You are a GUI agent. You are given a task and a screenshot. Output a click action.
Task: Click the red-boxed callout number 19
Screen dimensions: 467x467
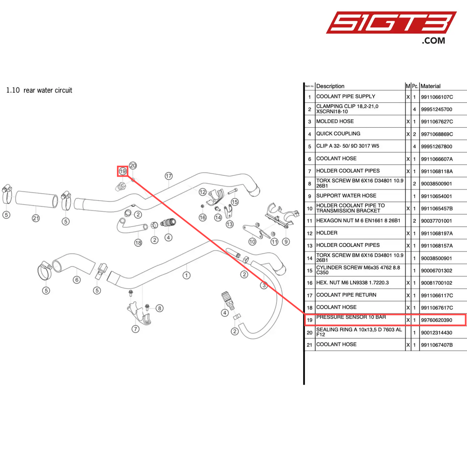click(x=122, y=171)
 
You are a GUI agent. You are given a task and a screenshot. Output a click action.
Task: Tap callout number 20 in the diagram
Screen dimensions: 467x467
click(x=133, y=165)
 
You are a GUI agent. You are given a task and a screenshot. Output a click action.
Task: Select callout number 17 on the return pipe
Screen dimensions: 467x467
click(x=169, y=176)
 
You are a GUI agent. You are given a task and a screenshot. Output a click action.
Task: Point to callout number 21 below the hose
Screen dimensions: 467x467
click(x=36, y=218)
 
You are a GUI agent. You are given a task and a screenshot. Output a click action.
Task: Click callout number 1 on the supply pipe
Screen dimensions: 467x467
click(x=186, y=275)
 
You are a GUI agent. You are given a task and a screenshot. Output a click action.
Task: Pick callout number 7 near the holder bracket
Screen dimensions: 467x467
click(x=135, y=329)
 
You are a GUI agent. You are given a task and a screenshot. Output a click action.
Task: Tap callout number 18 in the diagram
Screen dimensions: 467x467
click(x=138, y=243)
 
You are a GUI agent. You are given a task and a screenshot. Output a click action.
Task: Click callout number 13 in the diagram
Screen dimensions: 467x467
click(x=229, y=224)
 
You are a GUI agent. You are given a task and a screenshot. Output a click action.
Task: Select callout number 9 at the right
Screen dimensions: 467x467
click(x=286, y=241)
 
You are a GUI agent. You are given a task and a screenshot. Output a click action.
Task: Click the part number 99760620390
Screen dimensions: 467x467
click(x=436, y=320)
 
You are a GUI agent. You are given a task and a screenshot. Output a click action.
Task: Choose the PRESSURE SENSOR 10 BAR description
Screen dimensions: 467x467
click(x=351, y=317)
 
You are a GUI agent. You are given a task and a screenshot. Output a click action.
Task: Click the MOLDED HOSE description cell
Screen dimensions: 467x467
click(x=335, y=122)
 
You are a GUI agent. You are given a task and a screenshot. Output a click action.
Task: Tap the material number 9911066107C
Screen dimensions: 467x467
click(x=437, y=97)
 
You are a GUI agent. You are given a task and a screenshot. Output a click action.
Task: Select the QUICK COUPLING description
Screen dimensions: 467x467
click(x=338, y=134)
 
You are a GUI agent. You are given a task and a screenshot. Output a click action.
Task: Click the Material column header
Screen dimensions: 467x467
click(x=430, y=86)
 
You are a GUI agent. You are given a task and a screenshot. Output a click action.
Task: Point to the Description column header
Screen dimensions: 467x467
click(x=330, y=86)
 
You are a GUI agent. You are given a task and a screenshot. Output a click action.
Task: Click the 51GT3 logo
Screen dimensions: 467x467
click(x=391, y=23)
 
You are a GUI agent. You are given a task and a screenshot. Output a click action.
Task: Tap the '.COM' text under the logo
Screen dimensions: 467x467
click(x=433, y=41)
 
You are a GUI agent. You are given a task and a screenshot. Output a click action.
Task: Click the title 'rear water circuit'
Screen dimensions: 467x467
click(x=48, y=90)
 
